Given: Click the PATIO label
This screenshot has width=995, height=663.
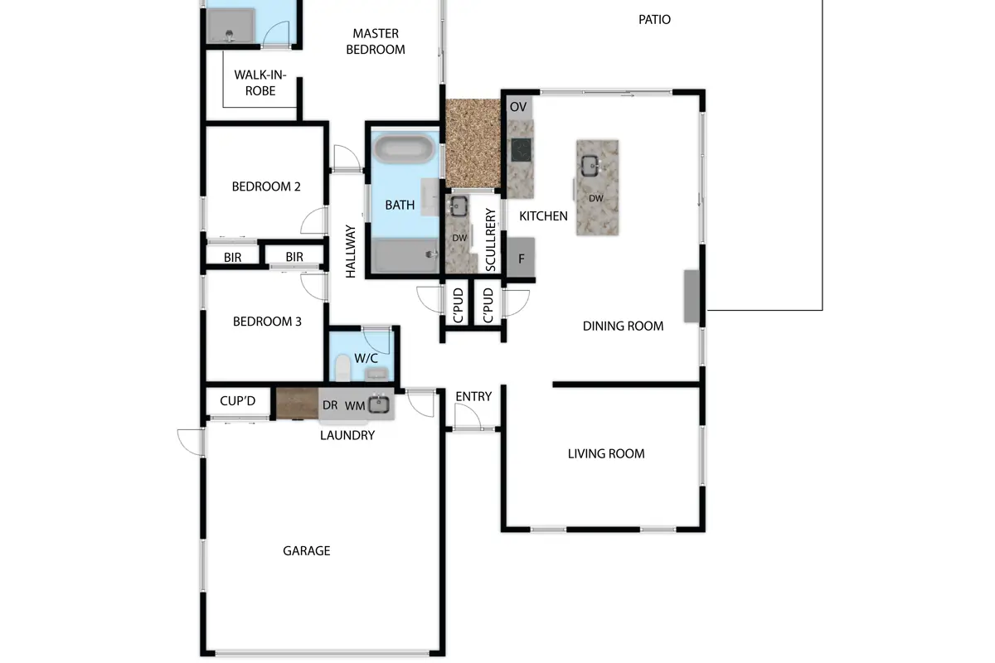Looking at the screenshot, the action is tap(654, 20).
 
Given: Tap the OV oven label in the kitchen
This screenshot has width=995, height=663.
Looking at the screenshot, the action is tap(518, 107).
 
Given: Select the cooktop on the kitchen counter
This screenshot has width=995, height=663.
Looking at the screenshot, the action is tap(521, 150).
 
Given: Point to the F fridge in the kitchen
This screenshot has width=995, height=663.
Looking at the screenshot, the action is tap(521, 258).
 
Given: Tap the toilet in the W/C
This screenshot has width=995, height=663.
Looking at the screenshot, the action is tap(342, 368).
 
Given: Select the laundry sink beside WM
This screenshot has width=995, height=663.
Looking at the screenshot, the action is tap(379, 404).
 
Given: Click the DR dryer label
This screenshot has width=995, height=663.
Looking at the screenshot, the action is tap(330, 405).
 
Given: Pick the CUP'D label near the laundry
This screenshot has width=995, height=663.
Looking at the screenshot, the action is tap(238, 401).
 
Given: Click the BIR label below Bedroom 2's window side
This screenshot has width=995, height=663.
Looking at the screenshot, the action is tap(232, 257).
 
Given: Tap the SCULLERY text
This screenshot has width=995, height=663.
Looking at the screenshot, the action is tap(490, 240).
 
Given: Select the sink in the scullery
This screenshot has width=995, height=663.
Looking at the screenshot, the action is tap(459, 206).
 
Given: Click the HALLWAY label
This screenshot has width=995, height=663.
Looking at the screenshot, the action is tap(351, 251).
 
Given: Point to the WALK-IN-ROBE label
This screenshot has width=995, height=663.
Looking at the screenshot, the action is tap(260, 83).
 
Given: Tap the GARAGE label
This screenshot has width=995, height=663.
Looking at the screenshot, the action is tap(307, 550).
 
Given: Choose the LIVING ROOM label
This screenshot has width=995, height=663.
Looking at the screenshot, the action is tap(606, 453).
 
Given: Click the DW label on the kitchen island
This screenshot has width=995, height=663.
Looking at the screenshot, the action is tap(595, 199).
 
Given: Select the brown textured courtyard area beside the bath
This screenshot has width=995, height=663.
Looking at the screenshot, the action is tap(473, 143).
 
